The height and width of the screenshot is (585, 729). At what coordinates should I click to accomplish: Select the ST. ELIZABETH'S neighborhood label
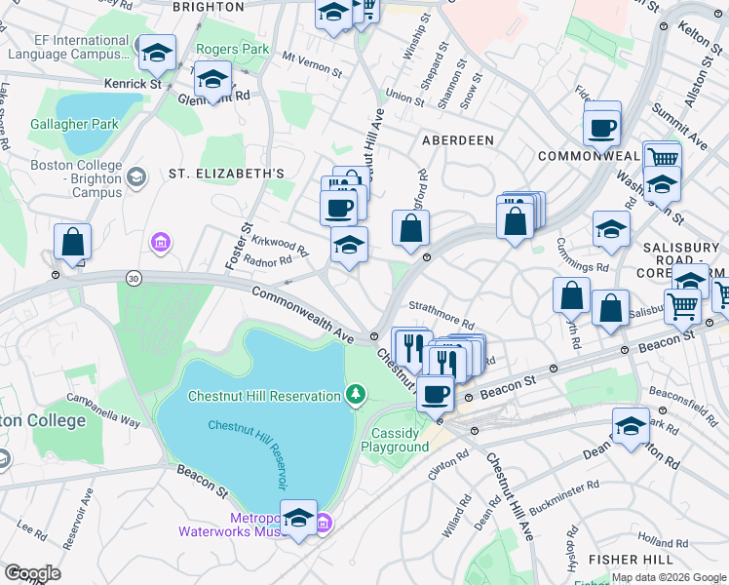click(226, 174)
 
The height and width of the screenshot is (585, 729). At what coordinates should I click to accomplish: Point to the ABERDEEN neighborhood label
click(457, 140)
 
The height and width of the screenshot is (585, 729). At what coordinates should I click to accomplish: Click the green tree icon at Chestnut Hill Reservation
click(357, 394)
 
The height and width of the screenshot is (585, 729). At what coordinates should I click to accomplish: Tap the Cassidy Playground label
click(395, 440)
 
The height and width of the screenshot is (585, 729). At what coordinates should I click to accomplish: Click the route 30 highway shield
click(132, 279)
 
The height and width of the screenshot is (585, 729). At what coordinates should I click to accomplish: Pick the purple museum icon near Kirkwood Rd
click(160, 241)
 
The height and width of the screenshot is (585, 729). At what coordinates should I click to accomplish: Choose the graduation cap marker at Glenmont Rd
click(211, 79)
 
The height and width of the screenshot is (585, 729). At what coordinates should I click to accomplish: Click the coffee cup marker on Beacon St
click(435, 394)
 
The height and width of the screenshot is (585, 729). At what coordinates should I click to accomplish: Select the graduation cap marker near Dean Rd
click(631, 425)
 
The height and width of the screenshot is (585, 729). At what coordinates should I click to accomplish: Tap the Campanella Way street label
click(103, 410)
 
